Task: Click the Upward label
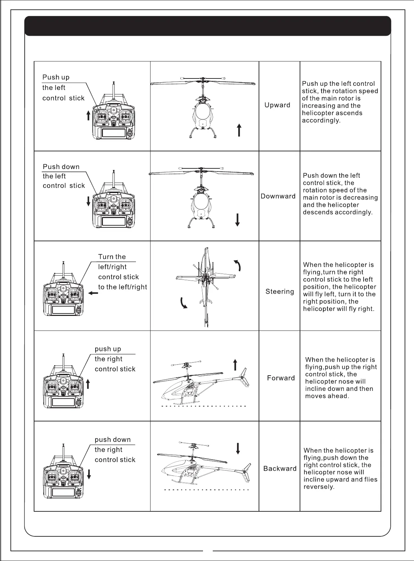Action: pyautogui.click(x=277, y=105)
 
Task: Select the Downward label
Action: pyautogui.click(x=278, y=196)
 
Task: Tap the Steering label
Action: pyautogui.click(x=279, y=292)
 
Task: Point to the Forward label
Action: pyautogui.click(x=281, y=378)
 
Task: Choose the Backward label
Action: pyautogui.click(x=280, y=469)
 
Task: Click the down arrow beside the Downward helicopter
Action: pyautogui.click(x=237, y=220)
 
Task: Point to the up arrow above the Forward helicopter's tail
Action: pyautogui.click(x=235, y=365)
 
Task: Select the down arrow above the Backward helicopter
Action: pyautogui.click(x=238, y=448)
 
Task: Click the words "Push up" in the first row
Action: pyautogui.click(x=56, y=77)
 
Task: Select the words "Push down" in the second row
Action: pyautogui.click(x=61, y=167)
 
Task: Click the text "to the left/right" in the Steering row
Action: pyautogui.click(x=122, y=287)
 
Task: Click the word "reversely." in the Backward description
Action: pyautogui.click(x=319, y=487)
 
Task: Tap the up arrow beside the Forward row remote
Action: pyautogui.click(x=88, y=384)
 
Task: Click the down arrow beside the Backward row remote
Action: pyautogui.click(x=89, y=474)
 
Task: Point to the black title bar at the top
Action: pyautogui.click(x=208, y=26)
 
